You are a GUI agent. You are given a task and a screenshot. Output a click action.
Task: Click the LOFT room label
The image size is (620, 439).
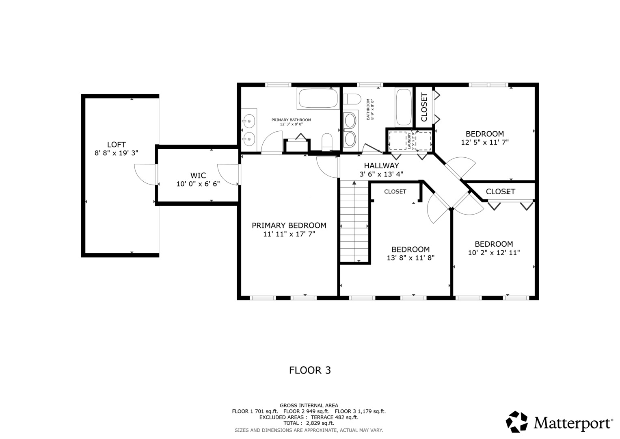click(x=117, y=144)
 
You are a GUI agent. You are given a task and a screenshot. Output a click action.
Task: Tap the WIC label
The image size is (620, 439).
click(x=198, y=176)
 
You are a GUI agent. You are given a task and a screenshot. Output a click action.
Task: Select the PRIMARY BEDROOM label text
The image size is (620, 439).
click(x=289, y=225)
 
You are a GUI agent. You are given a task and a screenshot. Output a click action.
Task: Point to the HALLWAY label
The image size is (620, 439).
click(x=381, y=165)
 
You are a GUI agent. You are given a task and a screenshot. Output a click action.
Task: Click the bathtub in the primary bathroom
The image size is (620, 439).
click(x=318, y=98)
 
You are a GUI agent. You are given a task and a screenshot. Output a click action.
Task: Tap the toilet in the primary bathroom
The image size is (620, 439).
click(x=327, y=142)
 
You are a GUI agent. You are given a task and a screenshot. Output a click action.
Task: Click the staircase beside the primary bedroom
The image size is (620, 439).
click(x=354, y=222)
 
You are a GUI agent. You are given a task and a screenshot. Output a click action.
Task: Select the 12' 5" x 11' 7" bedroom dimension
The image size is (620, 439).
click(x=485, y=142)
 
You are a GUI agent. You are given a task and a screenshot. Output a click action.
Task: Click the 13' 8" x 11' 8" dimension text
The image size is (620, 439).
click(x=410, y=258)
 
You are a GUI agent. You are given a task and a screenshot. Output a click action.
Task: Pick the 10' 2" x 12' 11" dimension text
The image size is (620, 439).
click(x=494, y=253)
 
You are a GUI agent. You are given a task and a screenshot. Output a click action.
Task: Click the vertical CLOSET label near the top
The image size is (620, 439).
click(x=424, y=107)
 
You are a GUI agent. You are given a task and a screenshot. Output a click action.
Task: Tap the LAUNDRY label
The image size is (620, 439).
click(x=409, y=141)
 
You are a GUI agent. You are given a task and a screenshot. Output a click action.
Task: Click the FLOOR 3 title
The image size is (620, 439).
click(x=310, y=370)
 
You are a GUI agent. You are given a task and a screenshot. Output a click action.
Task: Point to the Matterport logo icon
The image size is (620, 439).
click(x=517, y=422)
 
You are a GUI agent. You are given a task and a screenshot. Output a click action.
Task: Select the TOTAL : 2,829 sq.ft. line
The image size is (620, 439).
click(x=309, y=423)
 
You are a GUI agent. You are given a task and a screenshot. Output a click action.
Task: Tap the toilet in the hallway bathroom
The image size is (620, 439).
click(x=352, y=99)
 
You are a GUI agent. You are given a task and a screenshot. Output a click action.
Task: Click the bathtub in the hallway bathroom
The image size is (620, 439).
click(x=404, y=107)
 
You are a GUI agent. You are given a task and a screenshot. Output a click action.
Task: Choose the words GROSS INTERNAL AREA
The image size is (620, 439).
click(x=309, y=406)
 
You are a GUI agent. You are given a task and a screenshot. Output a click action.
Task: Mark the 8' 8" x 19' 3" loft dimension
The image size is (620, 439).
click(x=116, y=153)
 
